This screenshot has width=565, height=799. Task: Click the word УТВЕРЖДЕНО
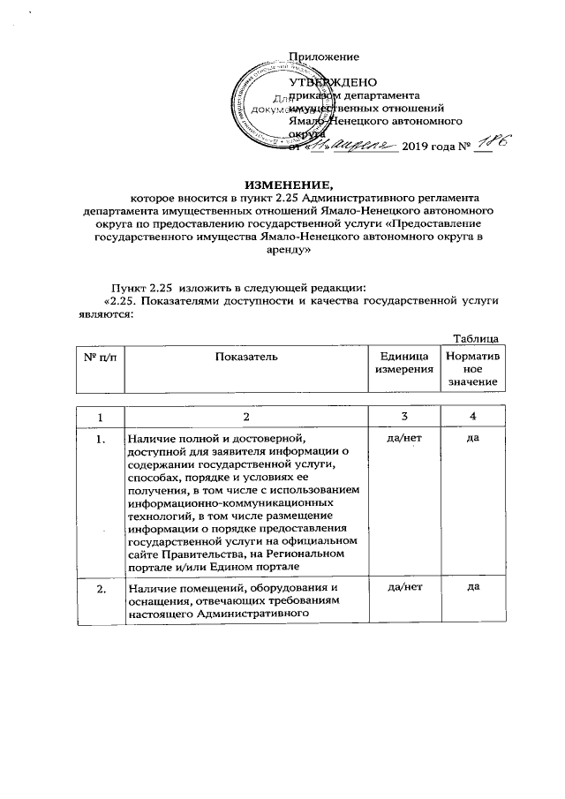[x=341, y=82]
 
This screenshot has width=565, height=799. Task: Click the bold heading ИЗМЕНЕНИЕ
[x=282, y=185]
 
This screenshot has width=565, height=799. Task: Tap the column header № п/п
[x=99, y=356]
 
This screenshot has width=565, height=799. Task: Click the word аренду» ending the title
[x=282, y=250]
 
